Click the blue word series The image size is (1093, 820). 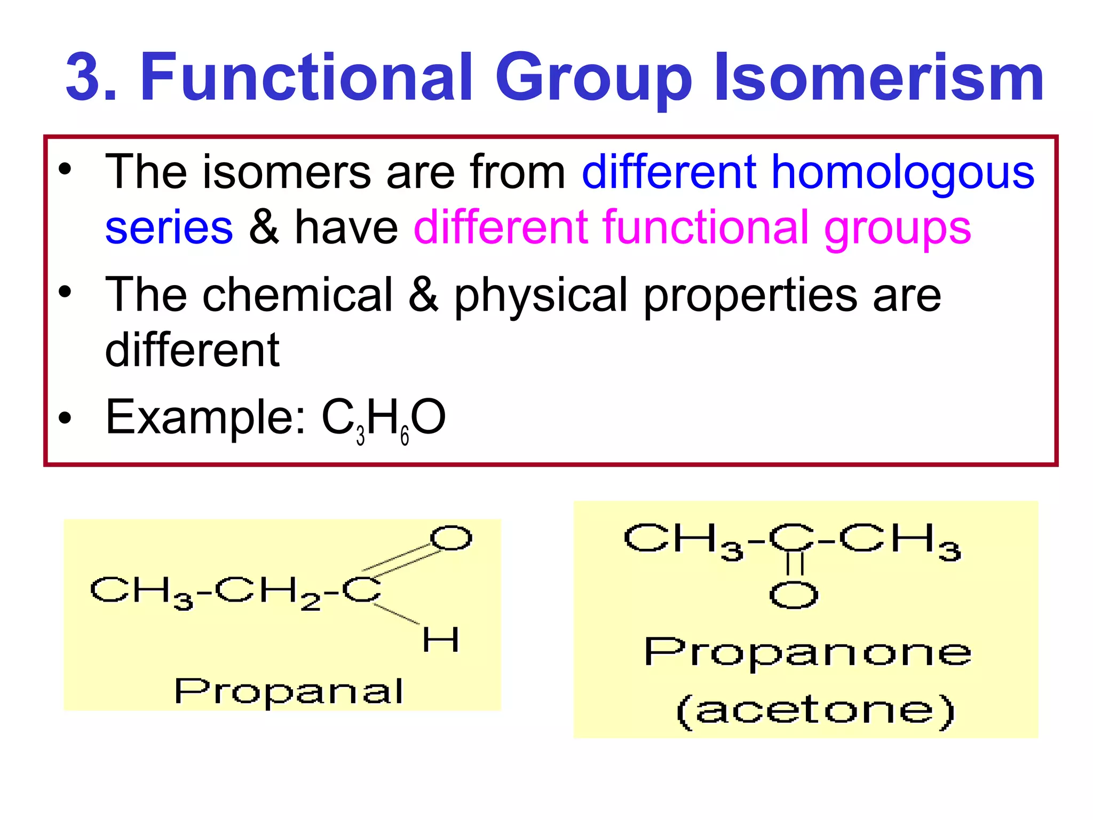[169, 227]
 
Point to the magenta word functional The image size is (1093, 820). [704, 227]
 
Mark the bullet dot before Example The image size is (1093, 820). [65, 418]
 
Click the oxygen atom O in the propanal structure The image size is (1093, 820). [451, 538]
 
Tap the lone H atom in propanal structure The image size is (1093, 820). [440, 640]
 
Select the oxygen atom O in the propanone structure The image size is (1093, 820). [794, 595]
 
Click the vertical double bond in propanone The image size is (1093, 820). [795, 564]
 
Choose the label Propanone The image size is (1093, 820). [807, 652]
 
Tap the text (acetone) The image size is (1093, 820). [815, 711]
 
